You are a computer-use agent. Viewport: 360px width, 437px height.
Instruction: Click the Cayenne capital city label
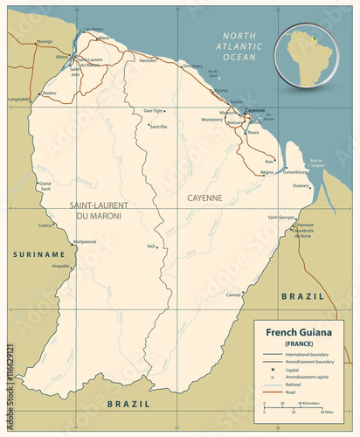coord(254,110)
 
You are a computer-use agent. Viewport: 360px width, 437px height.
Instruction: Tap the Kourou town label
coord(221,91)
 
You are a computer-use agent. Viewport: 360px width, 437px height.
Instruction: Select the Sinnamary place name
coord(191,66)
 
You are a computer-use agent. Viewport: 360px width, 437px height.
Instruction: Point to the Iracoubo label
coord(148,61)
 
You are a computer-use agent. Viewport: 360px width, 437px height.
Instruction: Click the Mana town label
coord(104,38)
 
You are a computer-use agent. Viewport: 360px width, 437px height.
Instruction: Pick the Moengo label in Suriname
coord(45,41)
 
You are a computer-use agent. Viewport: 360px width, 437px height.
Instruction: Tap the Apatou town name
coord(49,93)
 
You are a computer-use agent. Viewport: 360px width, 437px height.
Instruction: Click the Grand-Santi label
coord(45,185)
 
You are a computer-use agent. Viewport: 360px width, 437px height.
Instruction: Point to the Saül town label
coord(151,246)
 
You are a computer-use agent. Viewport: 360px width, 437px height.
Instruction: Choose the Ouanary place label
coord(301,186)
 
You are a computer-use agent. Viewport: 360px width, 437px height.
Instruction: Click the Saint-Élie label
coord(158,127)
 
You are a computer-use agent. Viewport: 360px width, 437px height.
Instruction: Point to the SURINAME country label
coord(38,253)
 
